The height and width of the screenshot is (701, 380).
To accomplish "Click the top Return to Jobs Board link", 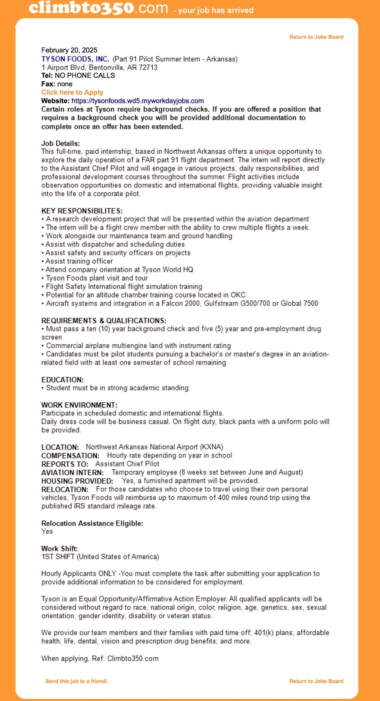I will [x=316, y=37].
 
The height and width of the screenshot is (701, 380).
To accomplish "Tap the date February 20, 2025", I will [x=69, y=50].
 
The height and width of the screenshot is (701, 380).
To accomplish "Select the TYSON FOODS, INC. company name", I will [x=75, y=59].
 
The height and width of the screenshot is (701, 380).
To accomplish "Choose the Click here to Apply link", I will [x=72, y=92].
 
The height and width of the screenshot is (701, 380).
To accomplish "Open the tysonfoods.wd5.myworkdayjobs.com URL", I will [x=137, y=101].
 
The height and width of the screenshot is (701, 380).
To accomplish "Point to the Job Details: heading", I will [x=61, y=144].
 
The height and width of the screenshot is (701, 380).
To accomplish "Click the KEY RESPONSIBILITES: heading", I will [x=82, y=211].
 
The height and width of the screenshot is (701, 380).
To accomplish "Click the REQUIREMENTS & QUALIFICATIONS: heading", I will [x=104, y=320].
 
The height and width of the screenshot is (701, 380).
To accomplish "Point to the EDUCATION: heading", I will [x=62, y=380].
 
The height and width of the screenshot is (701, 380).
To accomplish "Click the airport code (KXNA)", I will [x=211, y=447].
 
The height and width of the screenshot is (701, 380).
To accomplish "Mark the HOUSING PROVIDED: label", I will [x=77, y=481].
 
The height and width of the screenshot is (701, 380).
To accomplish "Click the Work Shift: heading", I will [x=59, y=549].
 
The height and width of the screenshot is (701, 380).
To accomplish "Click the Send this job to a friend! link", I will [x=76, y=681].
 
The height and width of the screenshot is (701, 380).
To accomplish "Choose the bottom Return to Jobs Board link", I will [x=316, y=681].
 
